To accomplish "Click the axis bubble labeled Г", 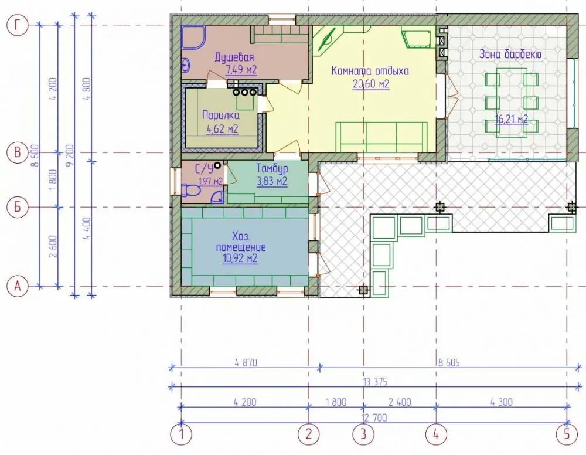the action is [17, 25].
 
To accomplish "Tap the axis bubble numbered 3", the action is [363, 434].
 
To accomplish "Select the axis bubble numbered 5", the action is [567, 434].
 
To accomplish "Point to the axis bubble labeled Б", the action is [17, 207].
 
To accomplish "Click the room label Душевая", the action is [234, 57].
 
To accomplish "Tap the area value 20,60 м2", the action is [371, 84].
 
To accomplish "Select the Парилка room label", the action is [220, 115].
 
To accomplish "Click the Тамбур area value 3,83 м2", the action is [272, 181].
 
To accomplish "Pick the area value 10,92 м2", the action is [240, 259].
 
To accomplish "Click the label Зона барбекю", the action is [510, 55].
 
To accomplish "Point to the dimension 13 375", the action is [375, 382].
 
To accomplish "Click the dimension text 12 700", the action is [374, 417].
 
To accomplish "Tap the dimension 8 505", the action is [449, 362].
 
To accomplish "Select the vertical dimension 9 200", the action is [70, 155].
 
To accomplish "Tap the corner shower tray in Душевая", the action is [193, 37].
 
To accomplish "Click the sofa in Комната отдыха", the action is [381, 137].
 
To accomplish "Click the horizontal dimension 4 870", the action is [246, 362].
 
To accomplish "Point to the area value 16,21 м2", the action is [512, 119].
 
